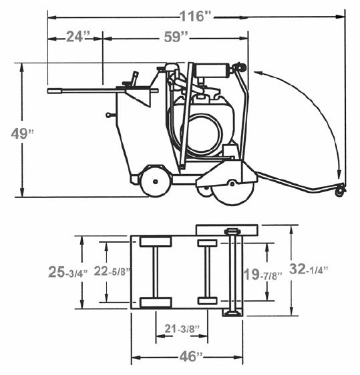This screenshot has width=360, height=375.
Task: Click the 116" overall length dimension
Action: coord(195,16)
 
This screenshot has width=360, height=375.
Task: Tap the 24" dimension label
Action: coord(77,37)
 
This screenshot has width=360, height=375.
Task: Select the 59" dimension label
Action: coord(176,37)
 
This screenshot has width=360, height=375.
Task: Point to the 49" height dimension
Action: coord(22,133)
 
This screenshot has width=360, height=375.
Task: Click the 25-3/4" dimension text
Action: coord(68,272)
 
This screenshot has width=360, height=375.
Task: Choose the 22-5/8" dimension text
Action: coord(112,271)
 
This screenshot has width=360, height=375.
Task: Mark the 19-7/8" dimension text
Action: coord(262,274)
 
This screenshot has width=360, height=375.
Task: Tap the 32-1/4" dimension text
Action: coord(309,269)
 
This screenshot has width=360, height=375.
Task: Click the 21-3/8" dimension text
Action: coord(182,328)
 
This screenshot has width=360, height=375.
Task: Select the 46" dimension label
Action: coord(191,356)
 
